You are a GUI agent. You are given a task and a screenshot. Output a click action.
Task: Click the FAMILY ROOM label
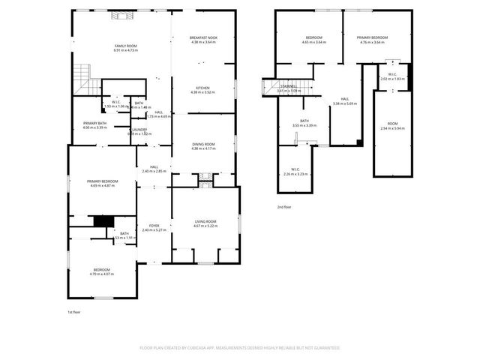click(126, 46)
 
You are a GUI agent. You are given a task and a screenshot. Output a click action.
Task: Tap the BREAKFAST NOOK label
click(204, 37)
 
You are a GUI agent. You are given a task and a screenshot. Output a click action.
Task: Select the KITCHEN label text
click(204, 88)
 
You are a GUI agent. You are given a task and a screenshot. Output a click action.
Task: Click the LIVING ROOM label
click(206, 220)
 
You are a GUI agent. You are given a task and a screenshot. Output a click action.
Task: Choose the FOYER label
click(154, 225)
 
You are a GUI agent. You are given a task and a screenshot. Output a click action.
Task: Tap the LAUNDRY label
click(139, 130)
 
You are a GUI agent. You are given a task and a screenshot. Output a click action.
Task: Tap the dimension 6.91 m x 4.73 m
click(126, 51)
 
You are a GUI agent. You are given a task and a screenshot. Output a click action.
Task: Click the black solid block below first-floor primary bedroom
click(101, 220)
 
